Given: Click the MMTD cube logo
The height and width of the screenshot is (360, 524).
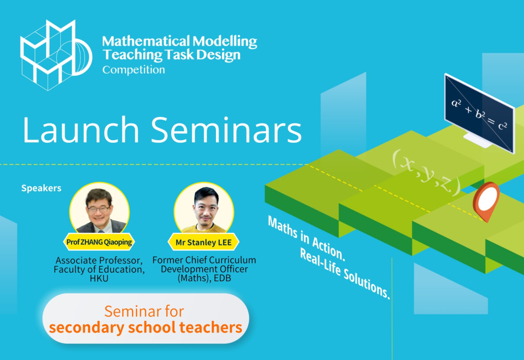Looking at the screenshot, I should pyautogui.click(x=55, y=55).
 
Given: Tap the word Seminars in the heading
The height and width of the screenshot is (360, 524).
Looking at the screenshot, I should pyautogui.click(x=228, y=130).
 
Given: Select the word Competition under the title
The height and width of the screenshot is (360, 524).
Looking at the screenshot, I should pyautogui.click(x=134, y=70).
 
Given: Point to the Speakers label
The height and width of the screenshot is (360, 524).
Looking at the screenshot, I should pyautogui.click(x=41, y=188).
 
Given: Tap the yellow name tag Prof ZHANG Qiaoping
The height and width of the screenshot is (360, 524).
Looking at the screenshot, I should pyautogui.click(x=99, y=242).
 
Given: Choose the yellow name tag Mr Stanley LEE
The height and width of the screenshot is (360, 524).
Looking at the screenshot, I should pyautogui.click(x=204, y=242).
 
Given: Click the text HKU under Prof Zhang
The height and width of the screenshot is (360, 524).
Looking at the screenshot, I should pyautogui.click(x=99, y=279).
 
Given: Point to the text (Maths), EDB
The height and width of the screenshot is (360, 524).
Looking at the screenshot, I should pyautogui.click(x=204, y=279).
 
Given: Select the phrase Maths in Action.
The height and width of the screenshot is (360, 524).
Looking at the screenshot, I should pyautogui.click(x=305, y=236).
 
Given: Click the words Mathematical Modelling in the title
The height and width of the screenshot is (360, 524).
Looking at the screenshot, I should pyautogui.click(x=179, y=41).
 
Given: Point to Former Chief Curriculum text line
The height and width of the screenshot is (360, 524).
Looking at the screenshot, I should pyautogui.click(x=204, y=260).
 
